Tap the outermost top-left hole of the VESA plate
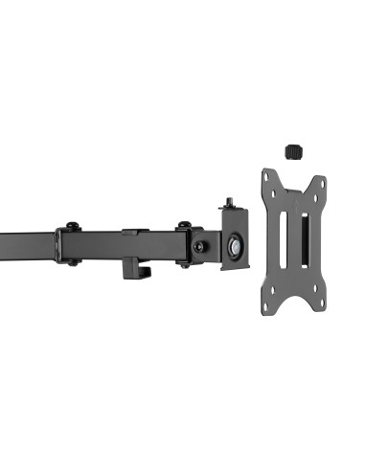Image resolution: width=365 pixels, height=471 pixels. click(266, 177)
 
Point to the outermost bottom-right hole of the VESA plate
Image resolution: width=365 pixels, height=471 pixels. click(322, 305)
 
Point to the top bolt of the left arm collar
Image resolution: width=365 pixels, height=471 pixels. click(72, 227)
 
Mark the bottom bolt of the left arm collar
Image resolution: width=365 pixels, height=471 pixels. click(72, 262)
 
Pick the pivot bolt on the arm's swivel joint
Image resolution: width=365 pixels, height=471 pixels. click(199, 246)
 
